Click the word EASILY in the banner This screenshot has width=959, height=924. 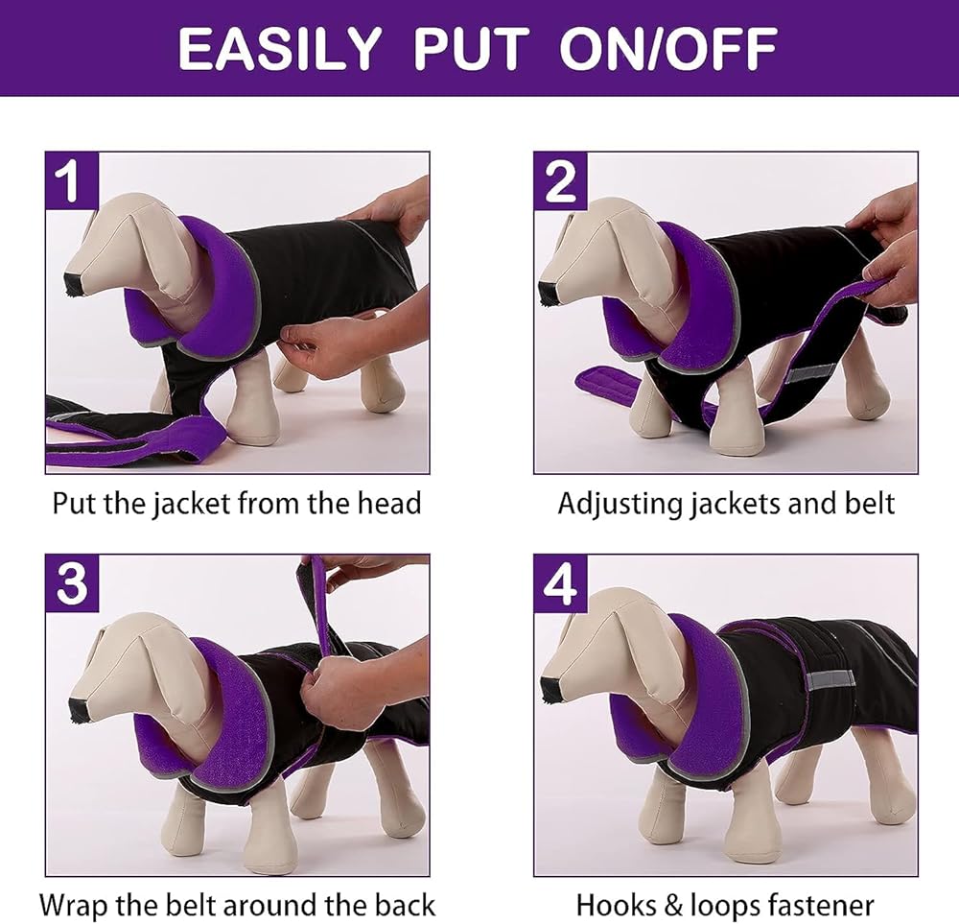pos(279,48)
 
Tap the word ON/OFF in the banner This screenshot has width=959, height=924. pos(667,48)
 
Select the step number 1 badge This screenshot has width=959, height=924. pos(72,181)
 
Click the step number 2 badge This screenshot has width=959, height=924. pos(560,181)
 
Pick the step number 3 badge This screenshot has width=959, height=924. pos(72,583)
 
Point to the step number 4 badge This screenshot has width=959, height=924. pos(560,583)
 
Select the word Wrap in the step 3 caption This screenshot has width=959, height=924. pos(74,906)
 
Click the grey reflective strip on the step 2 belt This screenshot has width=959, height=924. pos(809,372)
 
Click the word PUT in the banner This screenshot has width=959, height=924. pos(471,48)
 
